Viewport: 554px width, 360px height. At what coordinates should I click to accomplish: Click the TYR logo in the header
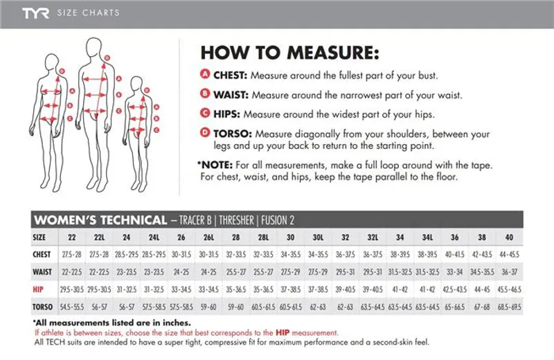35,13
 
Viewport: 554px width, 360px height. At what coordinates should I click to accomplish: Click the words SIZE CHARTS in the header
89,13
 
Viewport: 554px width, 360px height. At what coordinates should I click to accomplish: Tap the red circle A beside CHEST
205,74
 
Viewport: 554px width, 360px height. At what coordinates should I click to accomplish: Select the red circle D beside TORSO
205,132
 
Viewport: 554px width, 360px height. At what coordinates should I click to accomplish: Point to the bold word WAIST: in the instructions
231,95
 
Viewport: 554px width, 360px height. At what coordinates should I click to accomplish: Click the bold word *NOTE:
215,165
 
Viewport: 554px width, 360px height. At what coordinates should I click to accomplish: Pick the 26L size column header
208,237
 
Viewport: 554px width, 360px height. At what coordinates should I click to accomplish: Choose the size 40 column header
509,237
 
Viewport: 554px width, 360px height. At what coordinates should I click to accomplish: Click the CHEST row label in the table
42,254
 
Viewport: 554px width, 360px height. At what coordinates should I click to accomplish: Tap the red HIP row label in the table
38,289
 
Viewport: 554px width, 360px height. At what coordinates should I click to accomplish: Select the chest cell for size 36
455,254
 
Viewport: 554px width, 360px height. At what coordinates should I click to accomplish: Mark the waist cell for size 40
509,272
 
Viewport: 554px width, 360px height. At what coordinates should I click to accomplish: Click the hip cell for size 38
482,289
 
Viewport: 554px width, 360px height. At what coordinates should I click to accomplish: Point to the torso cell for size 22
72,307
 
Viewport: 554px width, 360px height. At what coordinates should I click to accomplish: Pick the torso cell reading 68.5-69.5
509,307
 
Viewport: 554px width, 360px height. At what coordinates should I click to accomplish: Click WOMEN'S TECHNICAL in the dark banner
100,220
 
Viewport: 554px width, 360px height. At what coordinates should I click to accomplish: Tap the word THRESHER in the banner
236,220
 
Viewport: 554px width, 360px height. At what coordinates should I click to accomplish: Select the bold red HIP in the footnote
283,332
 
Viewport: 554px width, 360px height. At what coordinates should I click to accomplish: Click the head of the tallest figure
94,47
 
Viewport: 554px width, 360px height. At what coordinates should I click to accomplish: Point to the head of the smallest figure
136,84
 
